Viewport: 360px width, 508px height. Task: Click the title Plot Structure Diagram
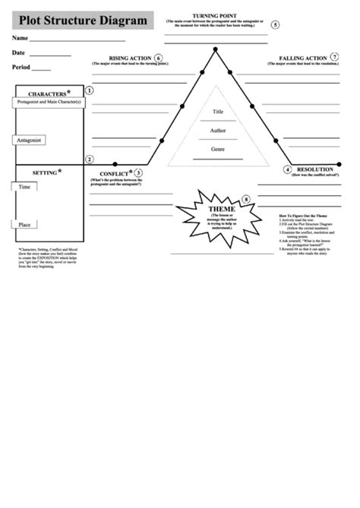84,21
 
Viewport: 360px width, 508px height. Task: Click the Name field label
20,38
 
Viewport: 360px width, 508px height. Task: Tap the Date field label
18,53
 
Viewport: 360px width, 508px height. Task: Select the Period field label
21,68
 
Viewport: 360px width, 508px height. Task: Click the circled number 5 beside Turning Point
274,24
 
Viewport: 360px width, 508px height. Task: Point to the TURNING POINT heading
214,14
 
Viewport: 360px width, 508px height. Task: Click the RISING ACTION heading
129,58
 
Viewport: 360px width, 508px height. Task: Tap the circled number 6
158,58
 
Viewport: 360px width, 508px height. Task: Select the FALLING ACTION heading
303,58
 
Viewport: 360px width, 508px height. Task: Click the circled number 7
335,58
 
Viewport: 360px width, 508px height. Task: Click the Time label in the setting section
24,186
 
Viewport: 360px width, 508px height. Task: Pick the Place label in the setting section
24,224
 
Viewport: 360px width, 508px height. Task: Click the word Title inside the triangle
218,112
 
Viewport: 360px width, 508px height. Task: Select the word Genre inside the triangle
218,149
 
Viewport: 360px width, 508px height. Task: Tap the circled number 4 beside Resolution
288,169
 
